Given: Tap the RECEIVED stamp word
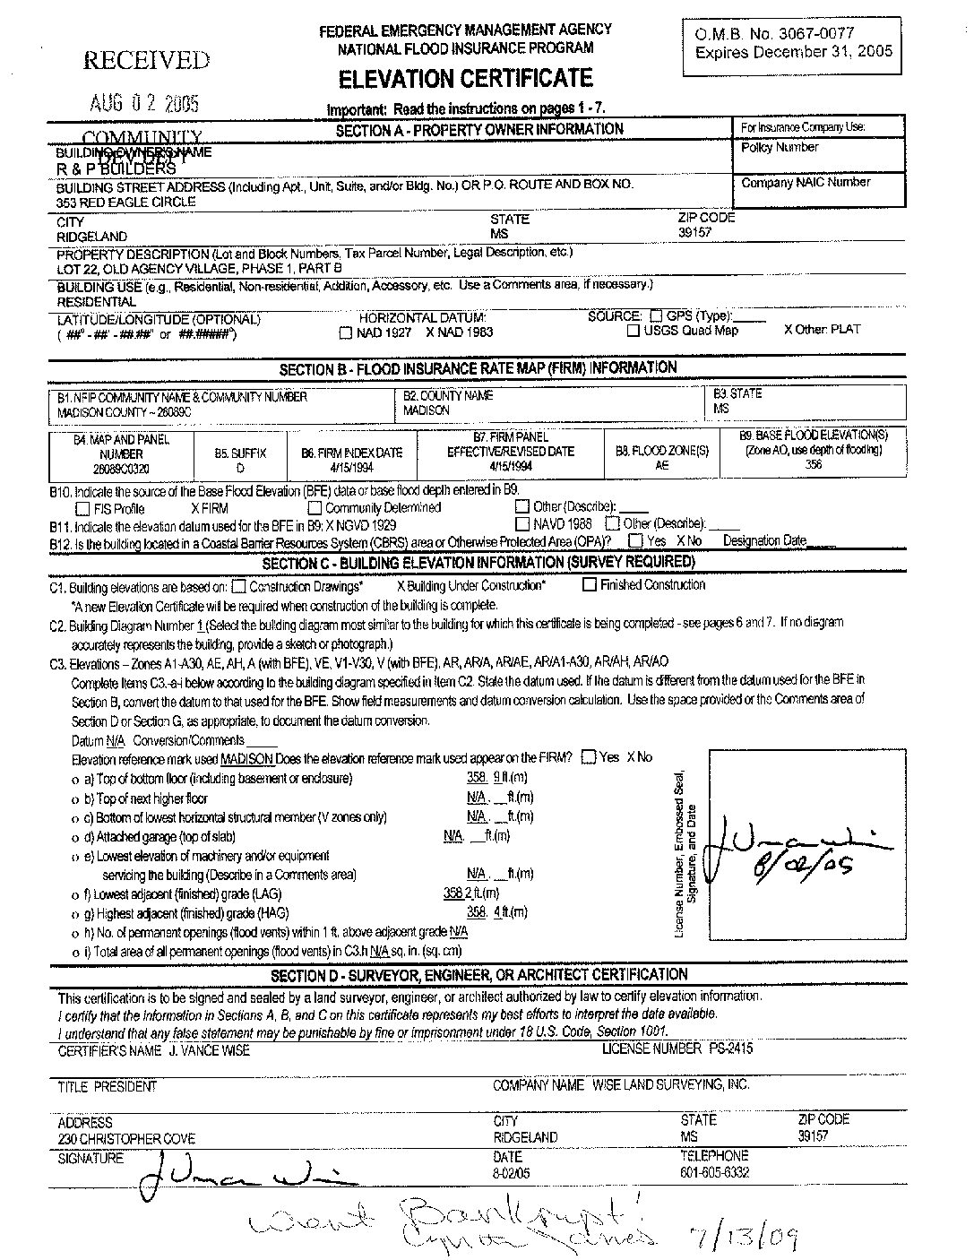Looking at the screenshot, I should pos(146,61).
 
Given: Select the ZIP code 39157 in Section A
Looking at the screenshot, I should pos(695,232).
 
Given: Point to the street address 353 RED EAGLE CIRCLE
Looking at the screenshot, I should pos(125,203).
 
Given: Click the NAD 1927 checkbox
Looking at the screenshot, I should pos(346,333).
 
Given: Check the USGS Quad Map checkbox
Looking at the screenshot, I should pos(633,332).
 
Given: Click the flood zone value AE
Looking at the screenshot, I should pos(662,467).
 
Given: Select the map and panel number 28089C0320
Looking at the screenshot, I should pos(121,469).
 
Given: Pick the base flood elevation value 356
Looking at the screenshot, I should pos(813,465).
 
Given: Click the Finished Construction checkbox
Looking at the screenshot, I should pos(590,585).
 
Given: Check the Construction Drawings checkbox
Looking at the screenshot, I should pos(238,587).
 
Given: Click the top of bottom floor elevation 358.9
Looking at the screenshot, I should pos(483,778).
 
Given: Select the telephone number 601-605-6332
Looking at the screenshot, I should pos(714,1172).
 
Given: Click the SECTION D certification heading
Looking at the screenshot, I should pos(479,975).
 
